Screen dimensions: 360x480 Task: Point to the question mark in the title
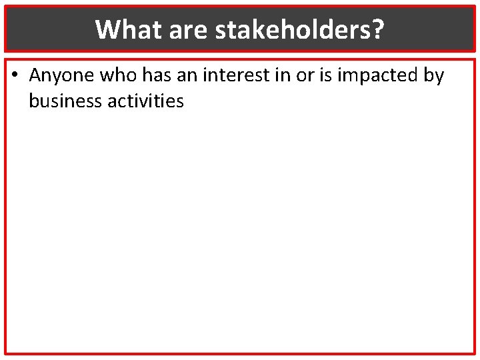[378, 29]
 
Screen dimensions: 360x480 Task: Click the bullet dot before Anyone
[15, 76]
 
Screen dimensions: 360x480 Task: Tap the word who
[117, 76]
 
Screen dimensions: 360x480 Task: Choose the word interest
[232, 76]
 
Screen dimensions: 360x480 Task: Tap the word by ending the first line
[433, 76]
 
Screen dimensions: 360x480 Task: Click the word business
[62, 101]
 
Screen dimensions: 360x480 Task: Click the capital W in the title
[107, 29]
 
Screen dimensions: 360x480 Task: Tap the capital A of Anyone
[35, 76]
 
